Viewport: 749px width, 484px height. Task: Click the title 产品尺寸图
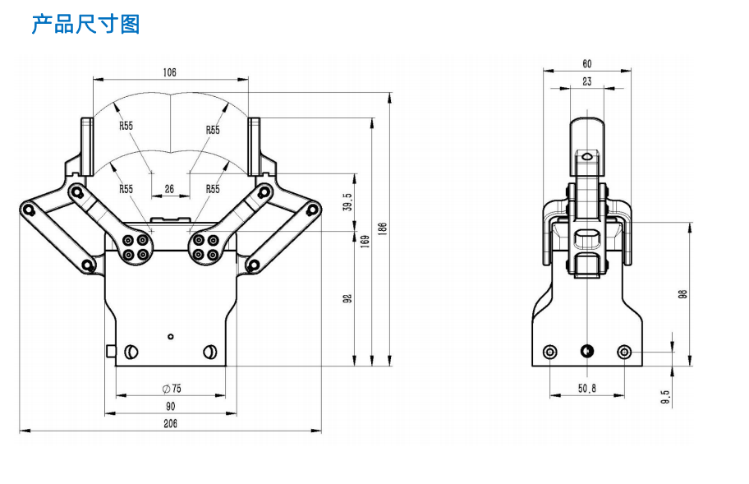coord(85,24)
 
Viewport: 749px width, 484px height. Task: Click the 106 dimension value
coord(169,72)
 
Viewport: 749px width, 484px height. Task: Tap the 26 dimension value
coord(169,189)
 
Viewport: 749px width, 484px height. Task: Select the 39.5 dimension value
coord(347,202)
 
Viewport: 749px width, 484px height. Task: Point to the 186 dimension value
coord(383,228)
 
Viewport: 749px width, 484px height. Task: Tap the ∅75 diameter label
coord(171,388)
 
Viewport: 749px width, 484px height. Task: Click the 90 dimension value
coord(170,406)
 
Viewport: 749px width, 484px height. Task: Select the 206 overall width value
coord(170,424)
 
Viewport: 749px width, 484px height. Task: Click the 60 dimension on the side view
coord(587,63)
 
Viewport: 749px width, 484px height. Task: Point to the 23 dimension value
coord(587,81)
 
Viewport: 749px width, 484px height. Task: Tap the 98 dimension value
coord(683,294)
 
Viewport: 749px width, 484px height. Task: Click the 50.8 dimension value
coord(587,389)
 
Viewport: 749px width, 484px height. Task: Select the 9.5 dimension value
coord(666,397)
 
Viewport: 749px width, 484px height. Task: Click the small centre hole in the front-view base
coord(170,336)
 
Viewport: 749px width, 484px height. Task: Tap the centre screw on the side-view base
coord(586,353)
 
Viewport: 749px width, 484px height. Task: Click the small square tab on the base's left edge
coord(111,351)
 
